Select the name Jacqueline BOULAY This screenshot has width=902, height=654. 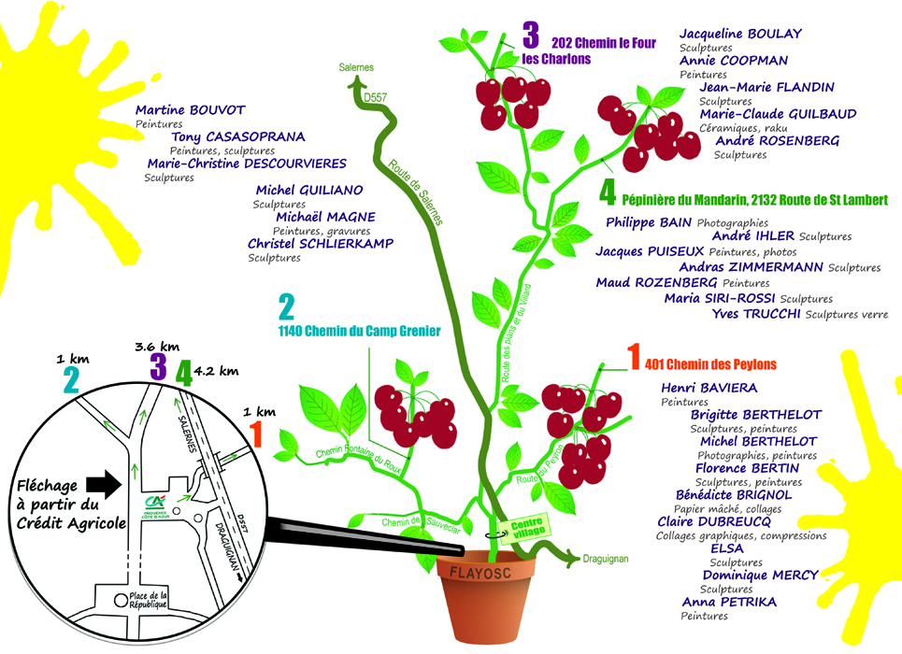740,34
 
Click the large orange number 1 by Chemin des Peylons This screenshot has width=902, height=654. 633,358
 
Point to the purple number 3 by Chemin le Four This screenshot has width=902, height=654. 531,36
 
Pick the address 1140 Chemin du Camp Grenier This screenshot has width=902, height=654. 359,332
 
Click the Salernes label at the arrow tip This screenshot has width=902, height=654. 356,67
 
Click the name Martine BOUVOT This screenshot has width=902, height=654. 190,109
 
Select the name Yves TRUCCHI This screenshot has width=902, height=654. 756,314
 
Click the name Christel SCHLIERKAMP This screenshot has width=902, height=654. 321,244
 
